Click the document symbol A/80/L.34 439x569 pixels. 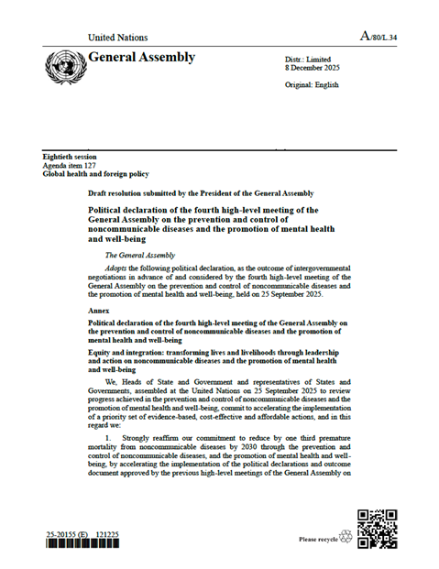[x=377, y=38]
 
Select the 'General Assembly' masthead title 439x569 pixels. [x=142, y=58]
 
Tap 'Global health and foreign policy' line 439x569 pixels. [x=96, y=173]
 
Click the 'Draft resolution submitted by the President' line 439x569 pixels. [x=202, y=193]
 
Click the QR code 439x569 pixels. [x=376, y=529]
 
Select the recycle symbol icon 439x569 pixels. [x=346, y=538]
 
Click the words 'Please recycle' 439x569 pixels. [x=318, y=539]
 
